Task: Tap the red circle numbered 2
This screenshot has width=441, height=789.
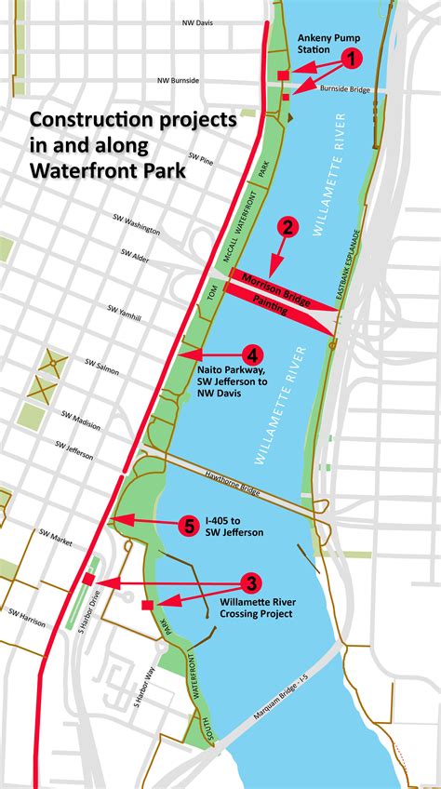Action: [288, 226]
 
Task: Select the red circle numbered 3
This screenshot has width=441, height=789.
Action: [250, 584]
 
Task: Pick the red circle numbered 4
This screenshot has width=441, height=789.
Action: [251, 354]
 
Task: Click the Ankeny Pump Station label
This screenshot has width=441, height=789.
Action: [322, 44]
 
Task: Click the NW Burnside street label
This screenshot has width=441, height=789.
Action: [180, 81]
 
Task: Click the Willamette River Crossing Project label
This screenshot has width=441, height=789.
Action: [257, 608]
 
